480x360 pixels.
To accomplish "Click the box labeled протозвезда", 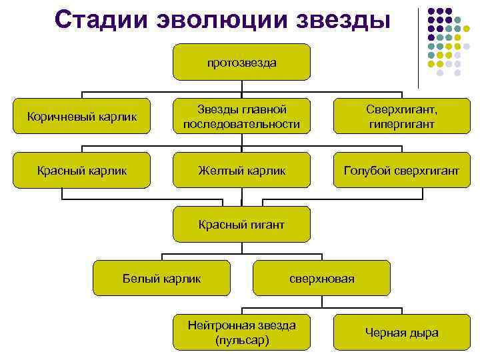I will [x=241, y=63].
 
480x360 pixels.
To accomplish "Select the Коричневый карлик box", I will [x=81, y=117].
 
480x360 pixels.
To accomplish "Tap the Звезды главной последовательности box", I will [x=241, y=117].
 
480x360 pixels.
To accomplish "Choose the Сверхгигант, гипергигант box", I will [x=401, y=117].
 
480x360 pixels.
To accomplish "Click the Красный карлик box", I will [x=81, y=171].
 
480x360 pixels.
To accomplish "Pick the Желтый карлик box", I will [x=241, y=171].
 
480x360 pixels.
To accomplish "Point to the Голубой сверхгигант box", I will [x=401, y=171].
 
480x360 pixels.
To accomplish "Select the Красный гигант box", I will [x=241, y=225].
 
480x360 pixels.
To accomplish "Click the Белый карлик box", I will [x=162, y=278].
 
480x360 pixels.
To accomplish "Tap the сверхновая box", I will [x=322, y=278].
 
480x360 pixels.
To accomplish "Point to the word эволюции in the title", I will [x=223, y=19].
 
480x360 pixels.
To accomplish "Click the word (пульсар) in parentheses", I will [x=242, y=340].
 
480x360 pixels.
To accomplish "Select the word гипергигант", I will [x=401, y=125].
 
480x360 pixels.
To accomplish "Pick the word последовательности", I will [x=241, y=125].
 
